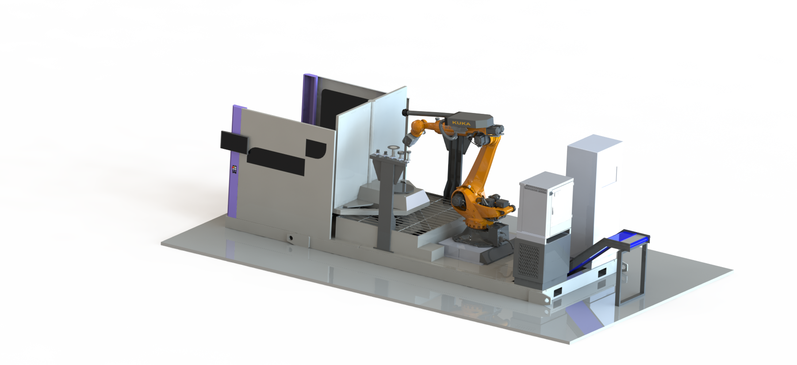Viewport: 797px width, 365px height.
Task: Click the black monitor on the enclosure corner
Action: pos(234,141)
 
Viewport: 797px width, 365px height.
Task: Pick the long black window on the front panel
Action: pos(276,161)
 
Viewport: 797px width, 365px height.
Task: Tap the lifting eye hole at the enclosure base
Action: pos(290,238)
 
